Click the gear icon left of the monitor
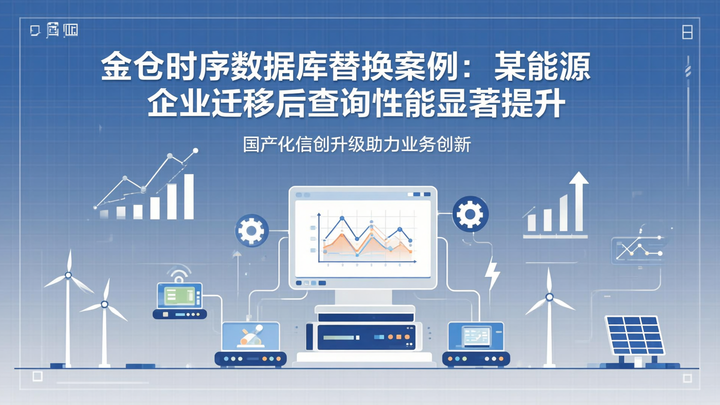pos(251,230)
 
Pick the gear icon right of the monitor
pos(470,214)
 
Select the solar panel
pos(634,334)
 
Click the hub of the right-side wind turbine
pos(549,297)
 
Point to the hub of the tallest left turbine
pos(68,275)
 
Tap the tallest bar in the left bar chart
pos(188,196)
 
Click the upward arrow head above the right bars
pos(579,178)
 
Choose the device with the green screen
pos(179,296)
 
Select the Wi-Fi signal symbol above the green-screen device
pos(178,273)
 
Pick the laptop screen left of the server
pos(250,336)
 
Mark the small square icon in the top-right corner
pos(687,33)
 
